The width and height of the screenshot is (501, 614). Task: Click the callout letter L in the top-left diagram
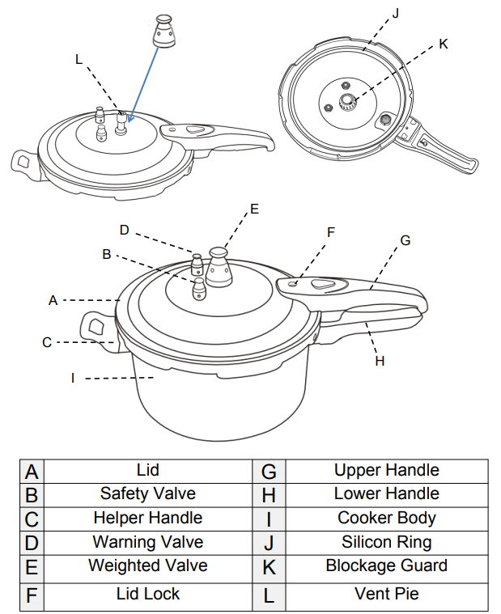tap(79, 59)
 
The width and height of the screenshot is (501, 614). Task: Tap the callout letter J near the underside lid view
tap(396, 13)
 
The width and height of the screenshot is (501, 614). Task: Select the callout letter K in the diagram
tap(443, 44)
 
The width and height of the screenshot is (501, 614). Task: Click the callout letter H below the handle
tap(380, 361)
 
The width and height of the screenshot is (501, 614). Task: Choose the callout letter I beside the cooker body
tap(73, 378)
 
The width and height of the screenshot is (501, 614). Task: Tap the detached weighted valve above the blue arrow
tap(165, 32)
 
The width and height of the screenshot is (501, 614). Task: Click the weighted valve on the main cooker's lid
tap(219, 266)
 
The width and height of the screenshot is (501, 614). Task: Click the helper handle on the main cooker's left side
tap(96, 328)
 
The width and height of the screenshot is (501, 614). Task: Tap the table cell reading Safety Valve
tap(147, 493)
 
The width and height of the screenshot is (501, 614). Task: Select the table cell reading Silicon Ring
tap(386, 542)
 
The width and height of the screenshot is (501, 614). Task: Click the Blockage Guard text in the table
tap(386, 565)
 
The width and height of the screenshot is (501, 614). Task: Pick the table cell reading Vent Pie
tap(386, 594)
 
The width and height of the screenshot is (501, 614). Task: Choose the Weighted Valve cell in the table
tap(147, 565)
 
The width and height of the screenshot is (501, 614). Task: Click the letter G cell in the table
tap(270, 471)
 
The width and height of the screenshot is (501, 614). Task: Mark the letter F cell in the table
tap(32, 597)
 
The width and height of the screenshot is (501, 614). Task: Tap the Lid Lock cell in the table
tap(147, 594)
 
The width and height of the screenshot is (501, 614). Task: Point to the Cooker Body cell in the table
tap(386, 518)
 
